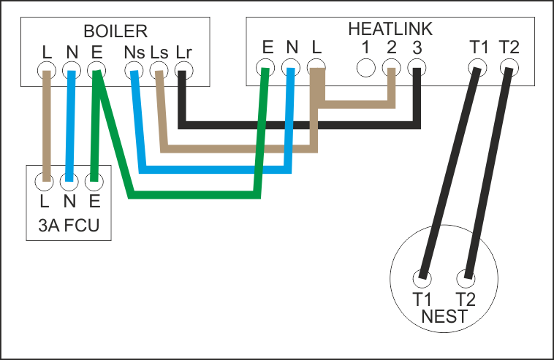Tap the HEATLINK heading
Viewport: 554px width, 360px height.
[390, 30]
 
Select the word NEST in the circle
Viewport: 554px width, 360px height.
[444, 317]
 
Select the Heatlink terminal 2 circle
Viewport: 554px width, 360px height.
[391, 69]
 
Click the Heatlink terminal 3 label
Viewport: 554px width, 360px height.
[416, 49]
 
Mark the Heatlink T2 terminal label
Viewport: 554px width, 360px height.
[509, 49]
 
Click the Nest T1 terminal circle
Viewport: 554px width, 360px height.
[422, 277]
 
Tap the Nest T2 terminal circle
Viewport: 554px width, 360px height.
[465, 277]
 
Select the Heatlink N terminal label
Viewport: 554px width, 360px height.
[292, 49]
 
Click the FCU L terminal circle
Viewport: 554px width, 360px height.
[46, 177]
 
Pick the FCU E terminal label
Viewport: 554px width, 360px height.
[93, 198]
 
